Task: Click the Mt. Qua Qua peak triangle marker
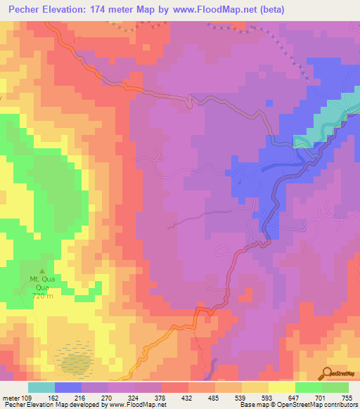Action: (x=41, y=271)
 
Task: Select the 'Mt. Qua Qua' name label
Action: (x=41, y=283)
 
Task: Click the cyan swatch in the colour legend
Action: (x=41, y=387)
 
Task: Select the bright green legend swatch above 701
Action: (x=309, y=387)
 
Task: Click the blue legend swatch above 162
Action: (x=68, y=387)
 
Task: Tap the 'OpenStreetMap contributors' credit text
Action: (x=309, y=405)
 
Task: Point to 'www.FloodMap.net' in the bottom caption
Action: (x=136, y=405)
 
